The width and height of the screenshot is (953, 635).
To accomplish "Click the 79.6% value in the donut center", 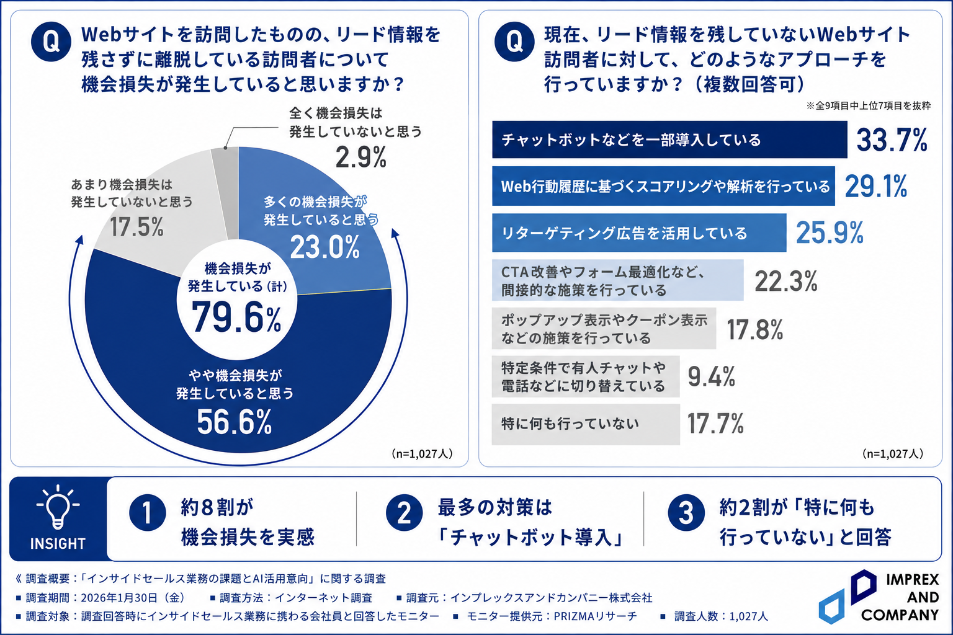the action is (x=236, y=317).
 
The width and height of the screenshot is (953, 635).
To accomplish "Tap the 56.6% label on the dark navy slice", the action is (x=235, y=422).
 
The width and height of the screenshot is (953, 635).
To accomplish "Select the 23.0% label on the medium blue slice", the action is (x=325, y=247).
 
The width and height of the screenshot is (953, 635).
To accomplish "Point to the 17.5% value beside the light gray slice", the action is (x=136, y=227).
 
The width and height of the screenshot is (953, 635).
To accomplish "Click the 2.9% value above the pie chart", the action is (x=360, y=158).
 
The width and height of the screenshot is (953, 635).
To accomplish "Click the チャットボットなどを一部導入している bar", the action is (x=669, y=140).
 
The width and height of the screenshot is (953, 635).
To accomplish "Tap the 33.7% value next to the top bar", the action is (x=892, y=140).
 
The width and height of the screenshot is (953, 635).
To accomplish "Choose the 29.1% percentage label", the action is (x=876, y=186).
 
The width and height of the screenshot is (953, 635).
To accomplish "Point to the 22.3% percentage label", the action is (x=786, y=281).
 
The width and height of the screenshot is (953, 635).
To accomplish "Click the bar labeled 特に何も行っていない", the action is (x=586, y=424).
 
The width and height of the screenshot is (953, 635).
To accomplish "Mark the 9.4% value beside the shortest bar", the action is (x=712, y=376).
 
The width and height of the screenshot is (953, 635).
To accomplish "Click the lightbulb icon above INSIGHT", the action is (x=58, y=508).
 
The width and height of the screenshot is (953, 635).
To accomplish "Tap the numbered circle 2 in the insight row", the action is (x=404, y=512).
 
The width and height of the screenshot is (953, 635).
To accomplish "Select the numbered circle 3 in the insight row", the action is (x=686, y=512).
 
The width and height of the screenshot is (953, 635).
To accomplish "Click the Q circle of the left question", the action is (x=51, y=42).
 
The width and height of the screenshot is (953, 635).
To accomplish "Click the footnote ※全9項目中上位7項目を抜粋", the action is (x=869, y=105).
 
